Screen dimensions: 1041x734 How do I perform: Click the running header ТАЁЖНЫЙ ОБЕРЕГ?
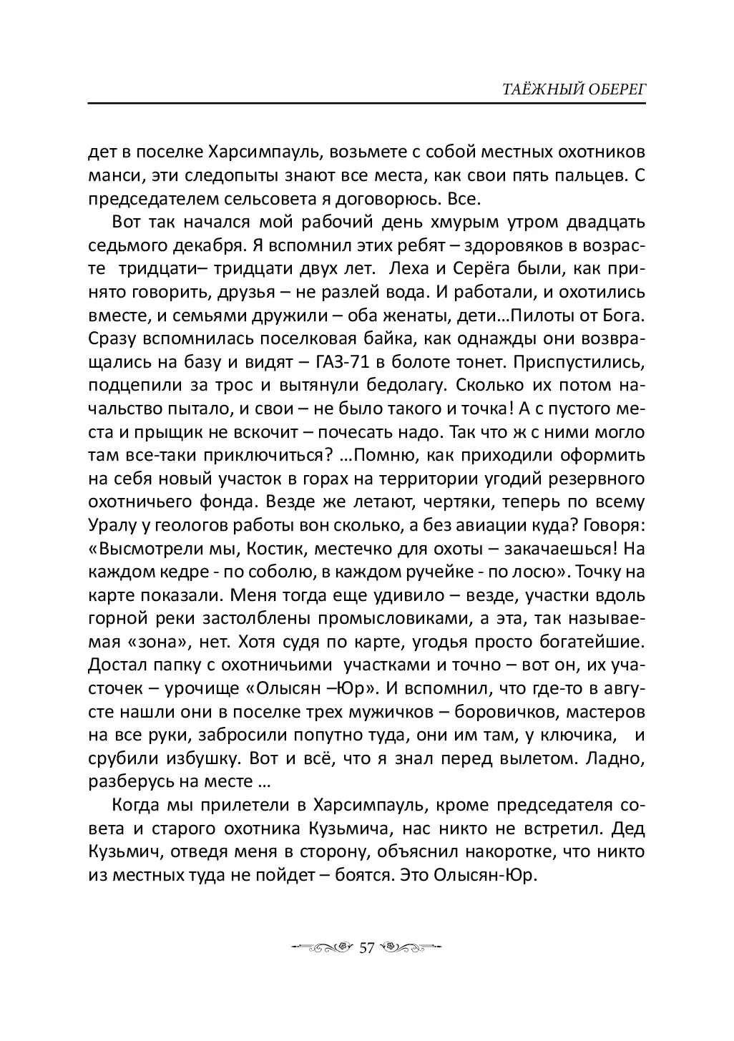(584, 89)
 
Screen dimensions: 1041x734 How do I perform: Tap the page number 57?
(367, 948)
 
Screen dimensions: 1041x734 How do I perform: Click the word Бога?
(620, 316)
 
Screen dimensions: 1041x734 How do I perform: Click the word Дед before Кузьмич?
(627, 829)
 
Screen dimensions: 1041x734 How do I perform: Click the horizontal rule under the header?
(367, 104)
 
